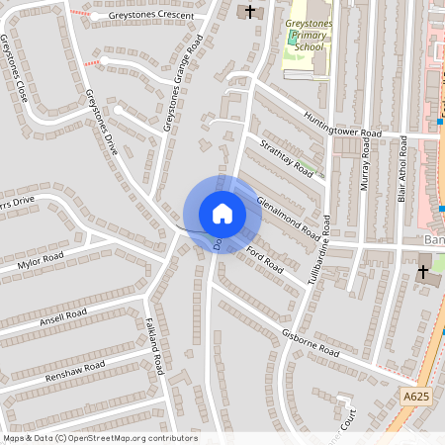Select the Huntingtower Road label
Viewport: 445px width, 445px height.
pos(341,124)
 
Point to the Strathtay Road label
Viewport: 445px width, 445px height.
pos(286,158)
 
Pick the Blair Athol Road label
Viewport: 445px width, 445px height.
pos(402,170)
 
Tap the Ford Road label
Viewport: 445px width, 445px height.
pos(265,260)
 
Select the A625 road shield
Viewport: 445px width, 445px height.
pos(416,396)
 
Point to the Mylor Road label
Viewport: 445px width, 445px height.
pos(41,261)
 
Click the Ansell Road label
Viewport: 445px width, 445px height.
pos(63,319)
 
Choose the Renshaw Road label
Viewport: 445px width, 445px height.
pos(75,372)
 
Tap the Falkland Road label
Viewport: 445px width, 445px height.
pos(154,342)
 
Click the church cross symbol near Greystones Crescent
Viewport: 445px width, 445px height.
pos(249,12)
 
